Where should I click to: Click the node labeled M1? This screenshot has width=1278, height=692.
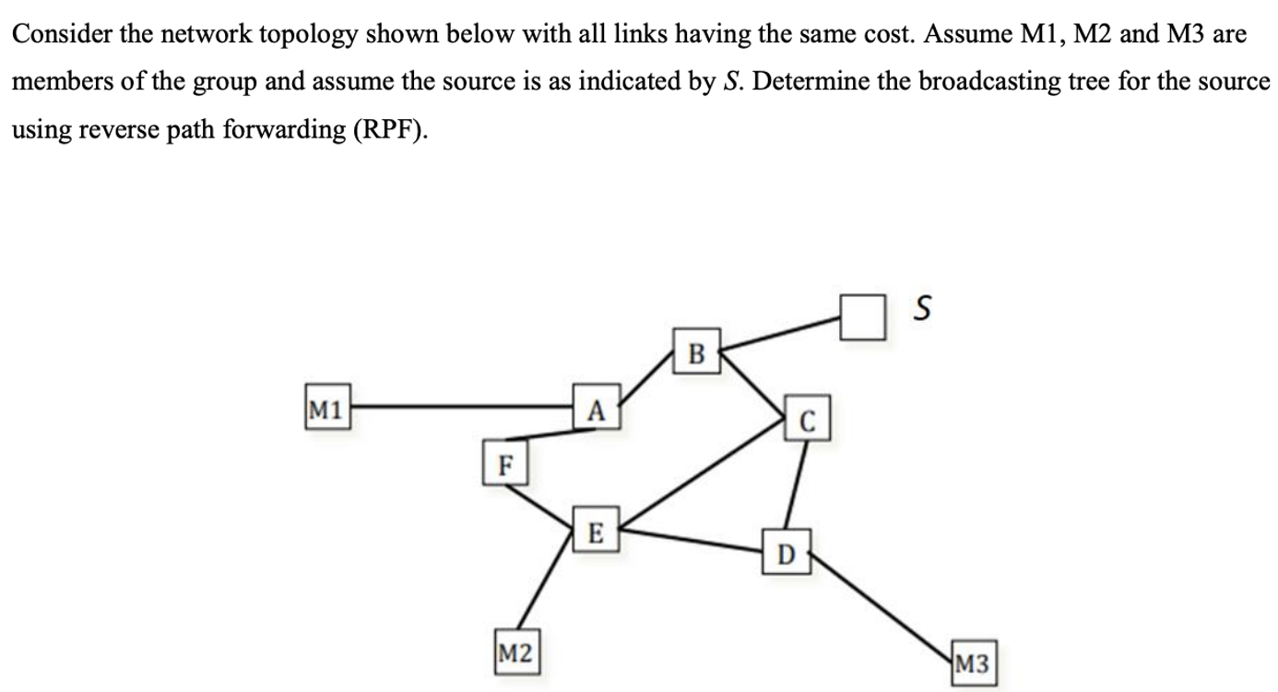(x=326, y=407)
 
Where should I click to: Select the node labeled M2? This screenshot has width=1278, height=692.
(x=515, y=654)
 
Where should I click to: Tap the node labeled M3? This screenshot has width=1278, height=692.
(x=972, y=662)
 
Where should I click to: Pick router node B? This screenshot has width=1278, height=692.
(x=696, y=352)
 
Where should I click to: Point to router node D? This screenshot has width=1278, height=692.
(x=785, y=554)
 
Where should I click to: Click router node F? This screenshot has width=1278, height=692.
(x=503, y=464)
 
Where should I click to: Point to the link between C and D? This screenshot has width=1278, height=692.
(x=797, y=483)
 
